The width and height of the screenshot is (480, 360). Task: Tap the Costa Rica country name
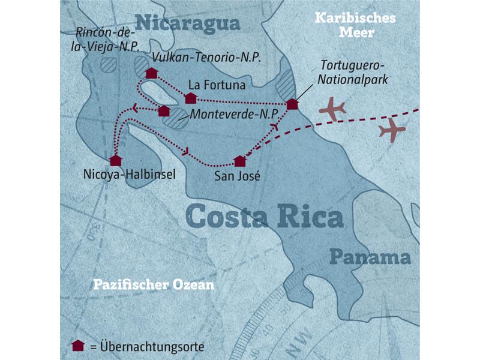coord(265,217)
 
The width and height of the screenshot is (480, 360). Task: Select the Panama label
coord(370,258)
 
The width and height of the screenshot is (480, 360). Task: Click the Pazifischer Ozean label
coord(153,285)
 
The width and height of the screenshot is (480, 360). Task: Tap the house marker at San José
coord(240,161)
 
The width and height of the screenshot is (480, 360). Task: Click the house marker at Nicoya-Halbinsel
coord(116,160)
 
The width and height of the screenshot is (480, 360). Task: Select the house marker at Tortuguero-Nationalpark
coord(292,104)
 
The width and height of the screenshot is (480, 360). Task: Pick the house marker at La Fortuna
coord(191,98)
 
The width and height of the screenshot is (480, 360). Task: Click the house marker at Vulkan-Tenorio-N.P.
coord(152,73)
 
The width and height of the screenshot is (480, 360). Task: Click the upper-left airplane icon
coord(333,109)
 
